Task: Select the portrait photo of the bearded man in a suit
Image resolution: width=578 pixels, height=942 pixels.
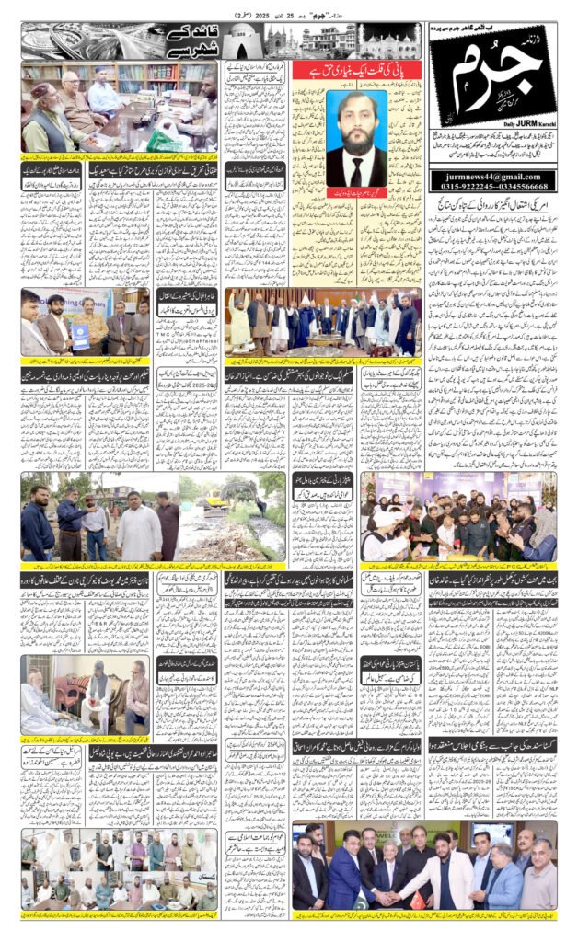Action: pyautogui.click(x=356, y=138)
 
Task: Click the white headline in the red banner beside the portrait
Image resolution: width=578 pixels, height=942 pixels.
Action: pyautogui.click(x=354, y=71)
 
